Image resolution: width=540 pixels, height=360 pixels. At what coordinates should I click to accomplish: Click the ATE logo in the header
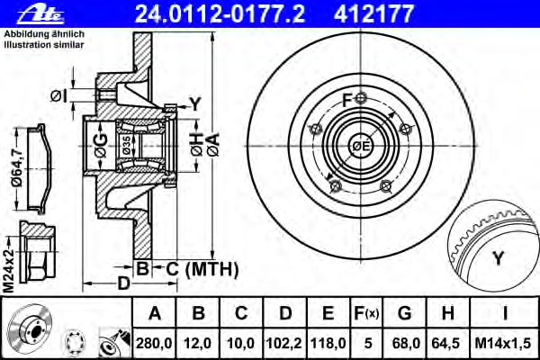[41, 13]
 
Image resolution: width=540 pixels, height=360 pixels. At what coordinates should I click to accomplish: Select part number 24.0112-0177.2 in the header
[220, 13]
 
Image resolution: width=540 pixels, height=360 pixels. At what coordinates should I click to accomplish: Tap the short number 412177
[373, 13]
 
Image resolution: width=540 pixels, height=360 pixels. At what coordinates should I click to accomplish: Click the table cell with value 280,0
[154, 343]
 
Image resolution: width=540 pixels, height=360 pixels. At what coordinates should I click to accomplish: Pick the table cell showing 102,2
[284, 343]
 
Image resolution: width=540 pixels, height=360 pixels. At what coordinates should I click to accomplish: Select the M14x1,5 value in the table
[503, 343]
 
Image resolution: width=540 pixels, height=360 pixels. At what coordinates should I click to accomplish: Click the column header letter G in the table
[404, 313]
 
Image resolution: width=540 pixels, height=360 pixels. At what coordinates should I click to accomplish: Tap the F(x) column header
[366, 313]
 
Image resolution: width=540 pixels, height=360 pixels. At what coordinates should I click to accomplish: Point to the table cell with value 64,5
[447, 343]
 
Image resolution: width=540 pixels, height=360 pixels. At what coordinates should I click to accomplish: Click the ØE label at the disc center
[361, 146]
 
